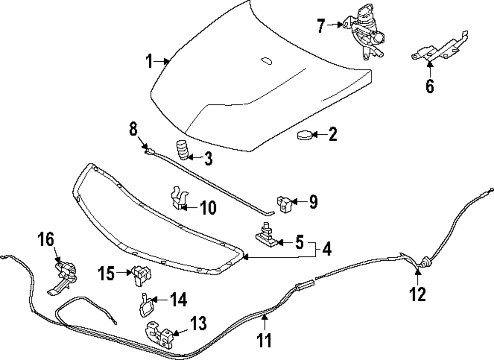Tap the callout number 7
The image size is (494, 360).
321,25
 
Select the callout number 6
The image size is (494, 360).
430,86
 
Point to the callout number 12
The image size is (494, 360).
417,294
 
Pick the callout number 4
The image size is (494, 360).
327,249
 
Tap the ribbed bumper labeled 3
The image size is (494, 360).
183,150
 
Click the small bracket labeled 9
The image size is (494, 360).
284,203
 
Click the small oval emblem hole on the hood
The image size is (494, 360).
266,61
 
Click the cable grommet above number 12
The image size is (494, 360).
423,263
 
